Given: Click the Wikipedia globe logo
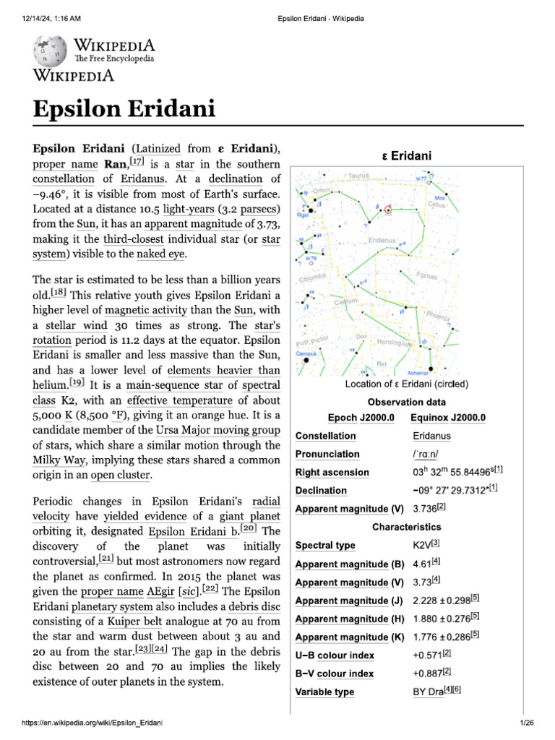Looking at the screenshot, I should [x=48, y=51].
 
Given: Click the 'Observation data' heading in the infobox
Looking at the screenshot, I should [x=407, y=402].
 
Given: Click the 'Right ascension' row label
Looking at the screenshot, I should [x=332, y=473].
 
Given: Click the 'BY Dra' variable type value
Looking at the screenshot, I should [x=427, y=692].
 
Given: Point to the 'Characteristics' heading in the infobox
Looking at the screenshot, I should [x=407, y=528].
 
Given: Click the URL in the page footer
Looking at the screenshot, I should [x=82, y=723].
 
